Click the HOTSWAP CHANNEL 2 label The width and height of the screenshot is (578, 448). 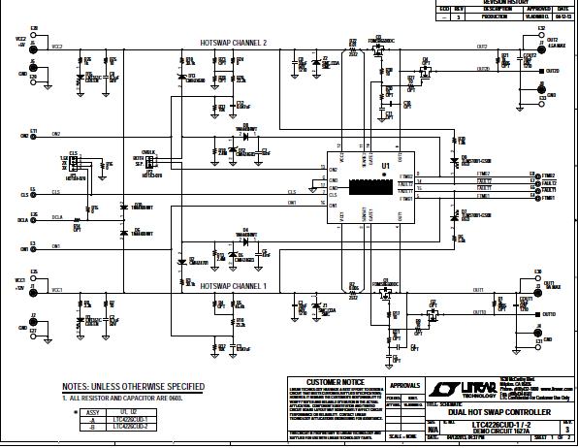point(233,44)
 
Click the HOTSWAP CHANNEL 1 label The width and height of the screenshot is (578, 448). point(233,286)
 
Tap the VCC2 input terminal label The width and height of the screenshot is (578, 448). point(19,39)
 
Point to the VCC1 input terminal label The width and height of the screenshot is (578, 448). point(19,281)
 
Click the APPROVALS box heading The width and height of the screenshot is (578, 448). point(403,384)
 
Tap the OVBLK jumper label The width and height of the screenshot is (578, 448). point(148,153)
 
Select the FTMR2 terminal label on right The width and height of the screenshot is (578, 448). point(537,174)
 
